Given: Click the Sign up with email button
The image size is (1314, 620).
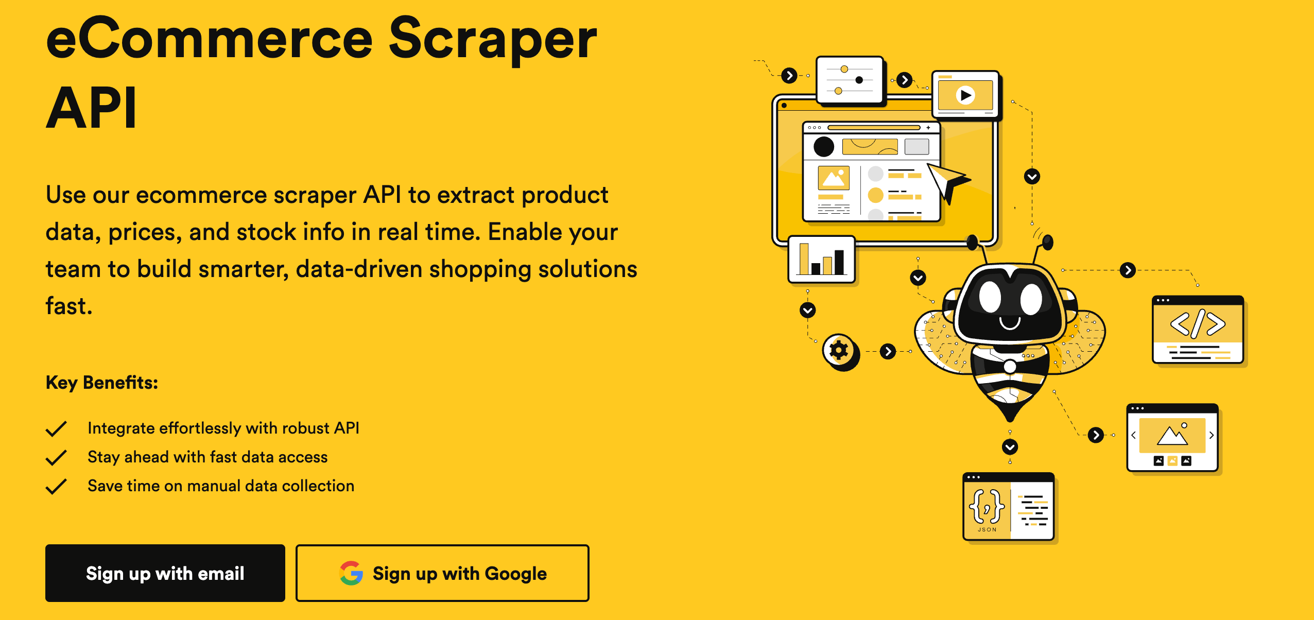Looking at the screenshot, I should [x=165, y=573].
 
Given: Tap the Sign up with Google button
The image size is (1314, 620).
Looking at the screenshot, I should [x=442, y=573].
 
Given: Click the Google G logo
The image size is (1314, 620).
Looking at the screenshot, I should [x=351, y=573].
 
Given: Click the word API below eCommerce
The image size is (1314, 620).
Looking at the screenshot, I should [x=92, y=108].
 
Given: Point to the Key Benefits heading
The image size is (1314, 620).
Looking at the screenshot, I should [x=102, y=383].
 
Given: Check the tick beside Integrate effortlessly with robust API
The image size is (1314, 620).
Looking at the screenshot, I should [x=56, y=428].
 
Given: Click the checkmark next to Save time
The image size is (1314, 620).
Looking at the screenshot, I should [x=56, y=486].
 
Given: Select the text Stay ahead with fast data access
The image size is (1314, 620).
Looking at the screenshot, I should [x=207, y=457].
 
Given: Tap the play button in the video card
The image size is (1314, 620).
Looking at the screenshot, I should [x=965, y=95].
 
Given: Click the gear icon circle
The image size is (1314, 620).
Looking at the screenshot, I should [x=839, y=351].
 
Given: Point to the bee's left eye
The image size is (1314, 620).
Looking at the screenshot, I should [x=990, y=298].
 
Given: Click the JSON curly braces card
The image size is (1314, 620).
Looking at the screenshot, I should [x=987, y=507].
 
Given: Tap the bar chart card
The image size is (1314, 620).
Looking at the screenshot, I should [x=821, y=260].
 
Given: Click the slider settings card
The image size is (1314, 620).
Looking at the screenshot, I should [x=850, y=80].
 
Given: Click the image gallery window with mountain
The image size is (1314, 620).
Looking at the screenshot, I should [x=1172, y=438].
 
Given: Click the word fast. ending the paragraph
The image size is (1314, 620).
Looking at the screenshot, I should [x=69, y=306].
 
